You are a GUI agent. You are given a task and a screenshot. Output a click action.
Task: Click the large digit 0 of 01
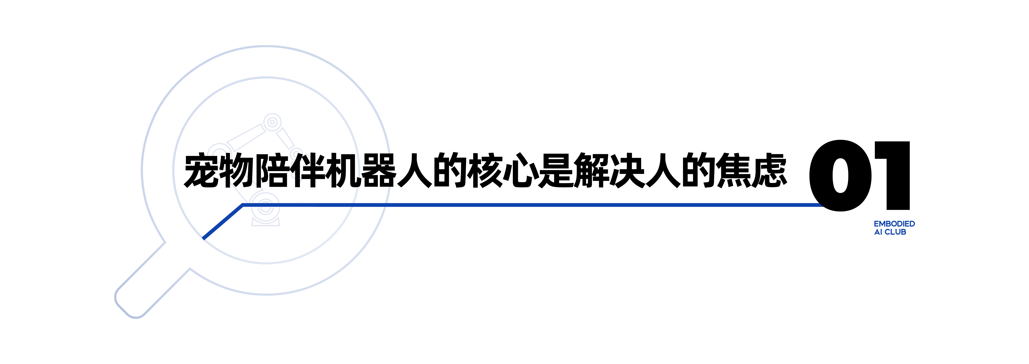pyautogui.click(x=841, y=176)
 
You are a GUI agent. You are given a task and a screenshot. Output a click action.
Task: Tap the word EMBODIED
pyautogui.click(x=894, y=224)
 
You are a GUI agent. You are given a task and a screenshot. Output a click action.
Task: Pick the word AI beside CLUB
pyautogui.click(x=878, y=232)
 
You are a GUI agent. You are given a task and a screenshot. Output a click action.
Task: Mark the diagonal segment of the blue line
pyautogui.click(x=223, y=222)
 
